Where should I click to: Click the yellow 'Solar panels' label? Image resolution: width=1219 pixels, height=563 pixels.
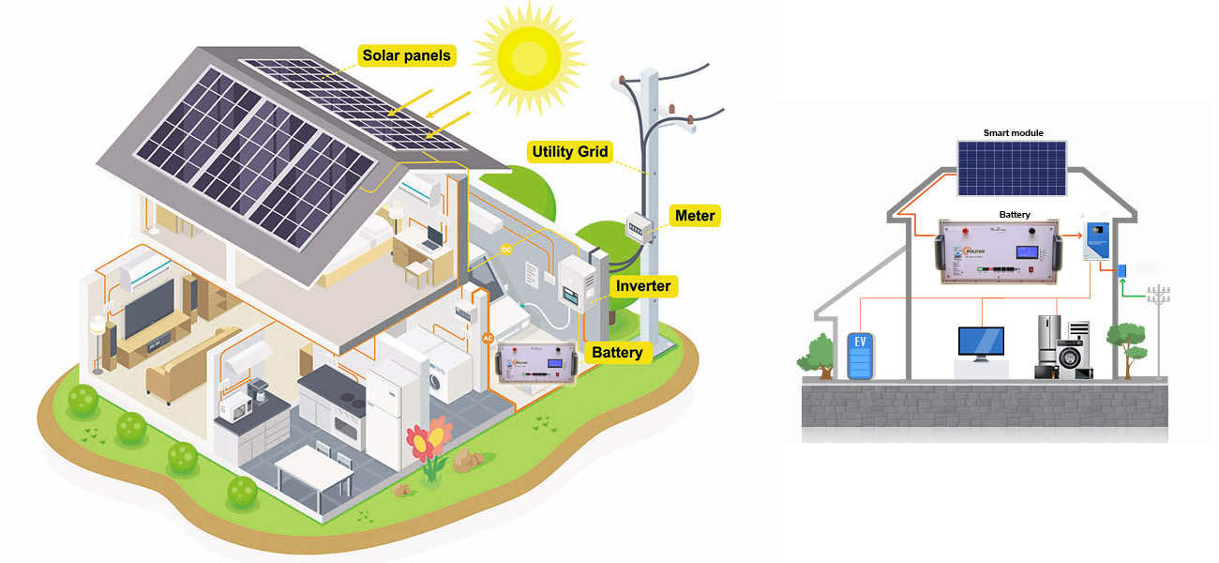(x=406, y=56)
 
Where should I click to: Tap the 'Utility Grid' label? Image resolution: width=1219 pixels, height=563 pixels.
(x=570, y=151)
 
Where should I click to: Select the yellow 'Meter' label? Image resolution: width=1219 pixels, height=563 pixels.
(x=695, y=216)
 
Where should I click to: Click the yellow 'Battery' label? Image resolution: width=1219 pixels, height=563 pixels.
(x=617, y=353)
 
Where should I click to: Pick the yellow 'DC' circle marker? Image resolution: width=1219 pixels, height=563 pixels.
(x=506, y=251)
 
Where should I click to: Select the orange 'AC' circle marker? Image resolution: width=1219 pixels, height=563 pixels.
(x=488, y=338)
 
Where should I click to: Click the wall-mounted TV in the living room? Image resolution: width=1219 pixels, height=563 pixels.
(x=149, y=307)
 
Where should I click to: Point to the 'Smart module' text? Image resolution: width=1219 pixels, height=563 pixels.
(x=1013, y=133)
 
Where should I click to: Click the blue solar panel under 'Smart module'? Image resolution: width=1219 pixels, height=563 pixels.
(x=1012, y=168)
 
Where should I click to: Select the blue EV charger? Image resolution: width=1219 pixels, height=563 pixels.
(x=860, y=355)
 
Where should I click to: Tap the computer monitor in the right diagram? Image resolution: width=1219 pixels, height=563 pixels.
(x=981, y=342)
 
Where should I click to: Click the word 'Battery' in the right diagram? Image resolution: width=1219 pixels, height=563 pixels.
(x=1015, y=215)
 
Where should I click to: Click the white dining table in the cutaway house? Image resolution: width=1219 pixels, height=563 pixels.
(x=314, y=467)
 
